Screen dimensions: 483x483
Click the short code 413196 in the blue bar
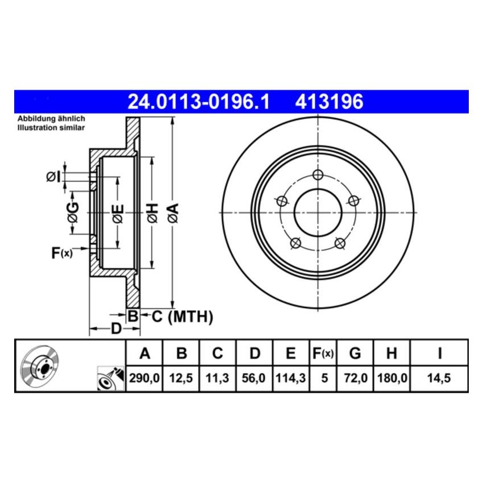click(x=328, y=102)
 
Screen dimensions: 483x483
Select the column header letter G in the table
click(x=355, y=354)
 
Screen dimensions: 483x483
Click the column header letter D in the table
click(x=255, y=354)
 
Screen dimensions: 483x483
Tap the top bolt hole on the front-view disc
click(x=318, y=174)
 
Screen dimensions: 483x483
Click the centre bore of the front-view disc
click(x=318, y=213)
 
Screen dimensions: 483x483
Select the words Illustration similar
click(x=51, y=128)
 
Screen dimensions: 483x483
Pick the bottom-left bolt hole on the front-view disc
click(x=295, y=244)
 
